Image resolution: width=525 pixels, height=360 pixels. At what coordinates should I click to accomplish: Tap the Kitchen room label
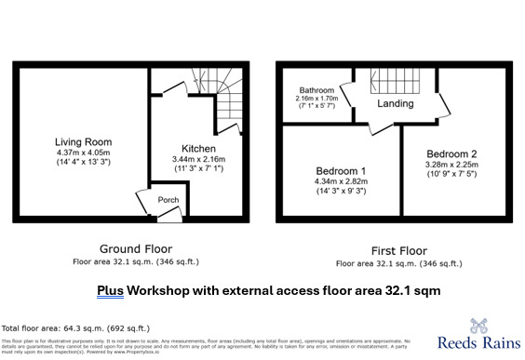pos(198,148)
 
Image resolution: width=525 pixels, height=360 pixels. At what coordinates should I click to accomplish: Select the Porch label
pos(168,200)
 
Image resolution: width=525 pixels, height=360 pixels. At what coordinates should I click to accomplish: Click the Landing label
pos(395,103)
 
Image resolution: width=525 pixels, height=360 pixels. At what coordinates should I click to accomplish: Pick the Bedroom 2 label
pos(452,153)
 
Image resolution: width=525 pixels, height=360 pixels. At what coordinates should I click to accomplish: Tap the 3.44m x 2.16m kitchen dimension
pos(198,159)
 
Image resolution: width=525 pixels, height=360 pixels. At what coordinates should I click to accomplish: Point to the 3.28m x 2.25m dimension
pos(452,166)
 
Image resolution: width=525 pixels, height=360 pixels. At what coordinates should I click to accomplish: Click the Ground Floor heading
pos(135,249)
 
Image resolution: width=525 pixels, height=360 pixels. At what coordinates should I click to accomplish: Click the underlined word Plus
pos(111,291)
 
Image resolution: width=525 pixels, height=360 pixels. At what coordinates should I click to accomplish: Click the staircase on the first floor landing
pos(395,81)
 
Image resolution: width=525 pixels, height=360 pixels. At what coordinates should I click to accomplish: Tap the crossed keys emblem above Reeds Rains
pos(480,326)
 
